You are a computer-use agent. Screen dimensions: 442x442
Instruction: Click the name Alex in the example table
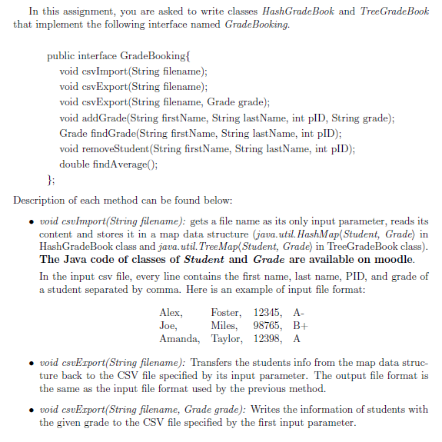pos(171,313)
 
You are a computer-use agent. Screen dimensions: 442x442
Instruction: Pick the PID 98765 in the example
pos(268,325)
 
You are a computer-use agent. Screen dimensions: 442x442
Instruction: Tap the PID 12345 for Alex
pos(268,313)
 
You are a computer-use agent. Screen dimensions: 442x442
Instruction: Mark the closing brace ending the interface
pos(50,179)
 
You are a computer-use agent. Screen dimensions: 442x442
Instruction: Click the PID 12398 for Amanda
pos(268,338)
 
